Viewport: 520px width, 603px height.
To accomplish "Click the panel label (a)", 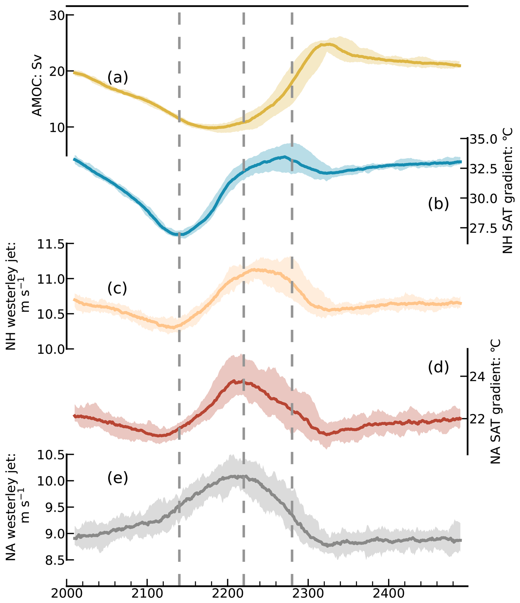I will coord(118,78).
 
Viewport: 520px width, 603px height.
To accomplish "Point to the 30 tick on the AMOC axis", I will coord(57,15).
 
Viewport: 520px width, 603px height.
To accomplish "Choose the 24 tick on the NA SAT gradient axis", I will coord(477,377).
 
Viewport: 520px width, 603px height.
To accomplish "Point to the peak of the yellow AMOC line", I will coord(329,44).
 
